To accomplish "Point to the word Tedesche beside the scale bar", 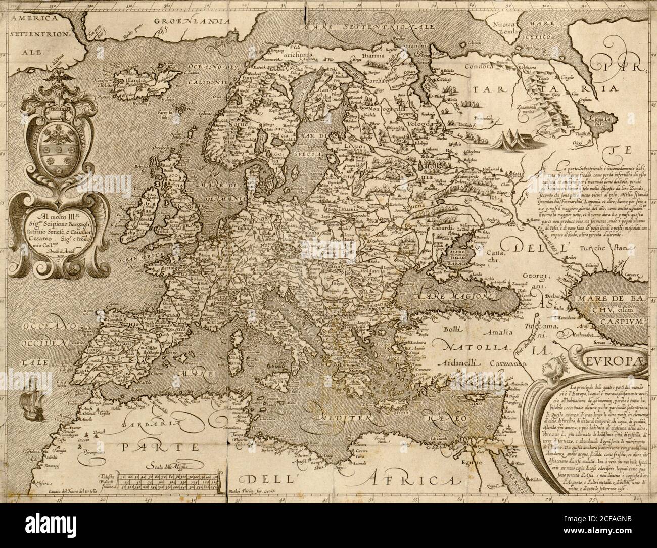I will pyautogui.click(x=107, y=476).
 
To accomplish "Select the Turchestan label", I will pyautogui.click(x=612, y=248).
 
